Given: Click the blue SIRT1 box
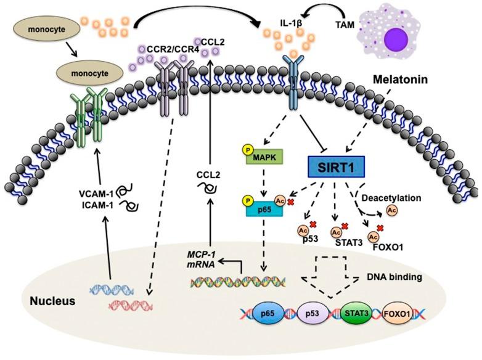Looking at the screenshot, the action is coord(337,167).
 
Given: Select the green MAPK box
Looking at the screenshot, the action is coord(264,157).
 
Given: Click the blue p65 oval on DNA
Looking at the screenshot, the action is coord(267,314).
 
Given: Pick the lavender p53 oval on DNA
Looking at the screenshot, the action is coord(312,314).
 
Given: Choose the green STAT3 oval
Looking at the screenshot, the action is coord(356,314).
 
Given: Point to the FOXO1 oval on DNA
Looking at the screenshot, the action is coord(397,314).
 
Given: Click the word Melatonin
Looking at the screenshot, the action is coord(400,80).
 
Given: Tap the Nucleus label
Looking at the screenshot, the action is coord(52,301).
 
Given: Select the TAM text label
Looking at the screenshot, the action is coord(345,25).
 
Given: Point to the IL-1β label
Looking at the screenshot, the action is coord(290,23).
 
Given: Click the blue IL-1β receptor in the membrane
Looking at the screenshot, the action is coord(293,83).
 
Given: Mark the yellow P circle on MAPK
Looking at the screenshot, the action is coord(248,150).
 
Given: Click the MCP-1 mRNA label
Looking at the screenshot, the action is coord(201,259).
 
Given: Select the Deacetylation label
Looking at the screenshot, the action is coord(391,198).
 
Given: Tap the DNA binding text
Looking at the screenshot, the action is coord(394,277).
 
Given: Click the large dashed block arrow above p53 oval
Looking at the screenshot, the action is coord(331,276).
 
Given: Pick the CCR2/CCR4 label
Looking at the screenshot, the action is coord(173,49).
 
